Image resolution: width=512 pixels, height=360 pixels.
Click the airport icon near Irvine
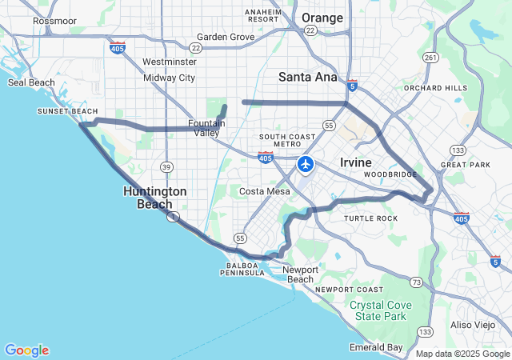(306, 164)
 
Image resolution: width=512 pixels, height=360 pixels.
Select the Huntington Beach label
(155, 197)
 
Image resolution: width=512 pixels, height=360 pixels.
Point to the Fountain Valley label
(206, 128)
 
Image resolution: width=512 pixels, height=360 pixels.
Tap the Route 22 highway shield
(310, 30)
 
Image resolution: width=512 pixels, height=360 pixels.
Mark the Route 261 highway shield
(430, 58)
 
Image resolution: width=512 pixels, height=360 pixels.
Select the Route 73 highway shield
(415, 282)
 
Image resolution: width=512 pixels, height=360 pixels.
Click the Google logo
(26, 350)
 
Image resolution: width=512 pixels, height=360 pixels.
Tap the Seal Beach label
(31, 82)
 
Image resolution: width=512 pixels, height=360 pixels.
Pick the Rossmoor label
(54, 21)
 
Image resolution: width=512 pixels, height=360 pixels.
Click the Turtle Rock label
(370, 218)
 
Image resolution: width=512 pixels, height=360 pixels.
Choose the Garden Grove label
(225, 37)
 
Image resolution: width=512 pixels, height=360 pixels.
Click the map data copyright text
(462, 354)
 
